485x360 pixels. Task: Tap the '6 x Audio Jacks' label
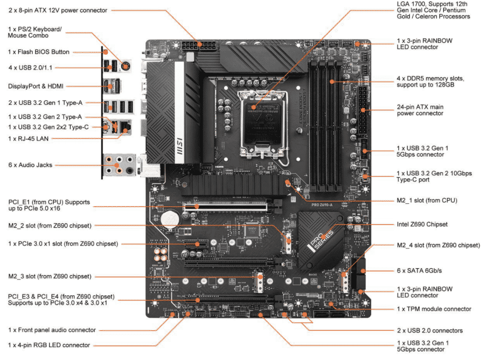[x=30, y=165]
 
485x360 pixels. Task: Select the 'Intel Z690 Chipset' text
[x=422, y=224]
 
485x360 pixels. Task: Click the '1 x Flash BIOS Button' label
[x=38, y=52]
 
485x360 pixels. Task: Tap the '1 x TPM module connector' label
[x=434, y=309]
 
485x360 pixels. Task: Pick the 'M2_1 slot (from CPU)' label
[x=427, y=200]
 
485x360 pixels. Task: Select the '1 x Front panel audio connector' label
[x=52, y=330]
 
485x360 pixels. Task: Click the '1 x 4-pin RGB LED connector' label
[x=49, y=345]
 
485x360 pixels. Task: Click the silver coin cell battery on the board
[x=172, y=216]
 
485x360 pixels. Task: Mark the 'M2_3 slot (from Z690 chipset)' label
[x=49, y=277]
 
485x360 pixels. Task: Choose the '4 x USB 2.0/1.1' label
[x=32, y=67]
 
